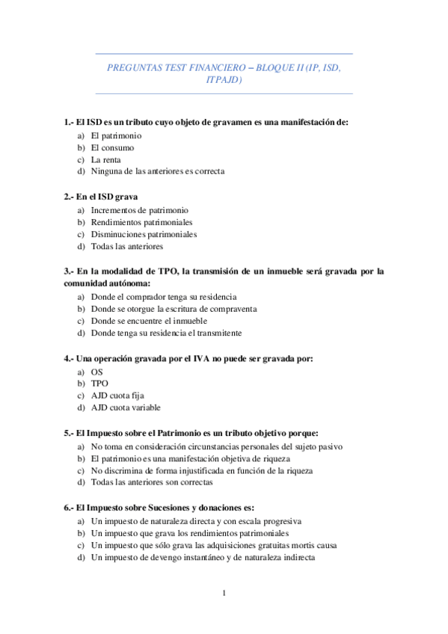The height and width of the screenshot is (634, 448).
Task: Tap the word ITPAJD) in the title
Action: coord(224,80)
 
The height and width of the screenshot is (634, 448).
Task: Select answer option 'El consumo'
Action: coord(112,148)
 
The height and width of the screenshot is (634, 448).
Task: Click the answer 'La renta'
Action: coord(106,159)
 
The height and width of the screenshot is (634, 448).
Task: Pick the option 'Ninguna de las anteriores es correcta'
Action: coord(157,171)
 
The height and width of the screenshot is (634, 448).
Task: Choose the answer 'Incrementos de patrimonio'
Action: coord(139,211)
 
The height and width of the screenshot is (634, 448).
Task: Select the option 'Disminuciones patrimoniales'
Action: coord(144,234)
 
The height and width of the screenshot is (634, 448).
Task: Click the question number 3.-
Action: coord(70,271)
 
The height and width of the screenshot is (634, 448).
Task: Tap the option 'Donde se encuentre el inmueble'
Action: coord(149,321)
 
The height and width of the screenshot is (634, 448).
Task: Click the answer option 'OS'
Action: coord(97,372)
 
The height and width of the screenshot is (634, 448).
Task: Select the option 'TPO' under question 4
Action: coord(99,384)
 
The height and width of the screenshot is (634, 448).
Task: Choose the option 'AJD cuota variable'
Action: coord(126,407)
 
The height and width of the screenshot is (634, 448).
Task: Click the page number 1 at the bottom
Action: coord(224,594)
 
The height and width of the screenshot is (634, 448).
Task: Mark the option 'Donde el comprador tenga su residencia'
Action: coord(163,297)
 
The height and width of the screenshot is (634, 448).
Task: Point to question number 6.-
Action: coord(70,508)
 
